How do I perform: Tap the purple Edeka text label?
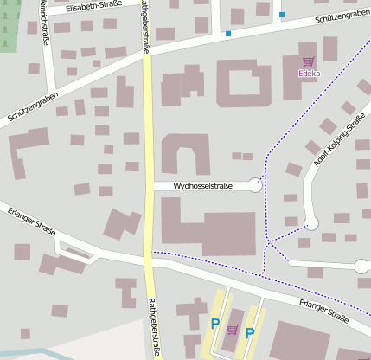(309, 74)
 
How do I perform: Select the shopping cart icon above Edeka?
(309, 61)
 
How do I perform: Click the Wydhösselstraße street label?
(203, 185)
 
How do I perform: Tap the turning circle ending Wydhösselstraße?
(255, 184)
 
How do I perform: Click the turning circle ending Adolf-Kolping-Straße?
(312, 223)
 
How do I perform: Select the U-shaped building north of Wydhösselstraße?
(185, 154)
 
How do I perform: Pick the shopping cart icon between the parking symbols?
(232, 330)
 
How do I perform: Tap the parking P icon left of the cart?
(215, 324)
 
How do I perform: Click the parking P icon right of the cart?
(250, 332)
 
